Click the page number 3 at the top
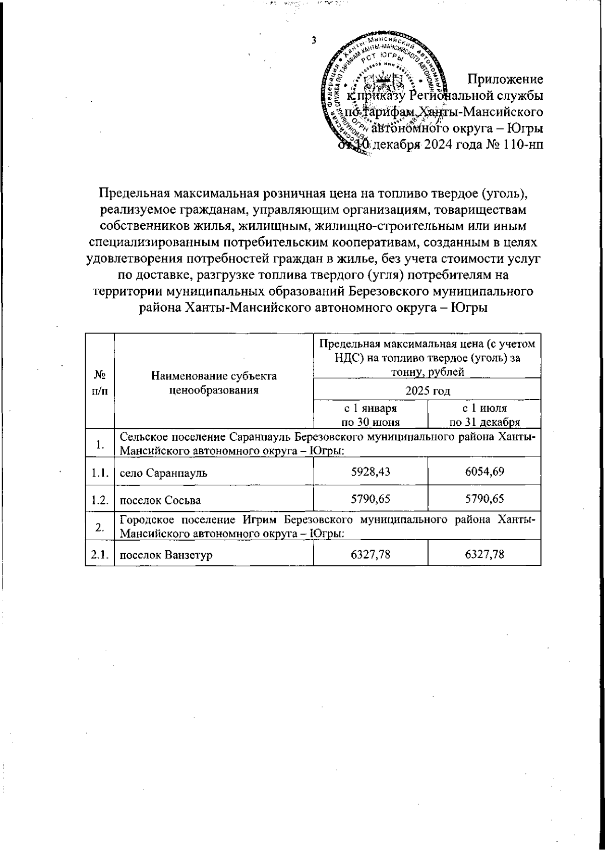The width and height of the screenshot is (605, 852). (x=314, y=41)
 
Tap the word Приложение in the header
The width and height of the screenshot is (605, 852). (x=505, y=80)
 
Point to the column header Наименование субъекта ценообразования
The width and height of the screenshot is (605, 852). (x=214, y=383)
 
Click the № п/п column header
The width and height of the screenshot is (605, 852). (x=100, y=383)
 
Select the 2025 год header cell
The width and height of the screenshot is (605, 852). (x=427, y=391)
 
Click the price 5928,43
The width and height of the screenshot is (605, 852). (x=371, y=472)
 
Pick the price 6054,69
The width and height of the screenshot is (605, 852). (x=484, y=472)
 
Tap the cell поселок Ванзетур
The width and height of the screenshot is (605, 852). (x=165, y=555)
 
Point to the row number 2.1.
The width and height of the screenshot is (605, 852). (x=100, y=555)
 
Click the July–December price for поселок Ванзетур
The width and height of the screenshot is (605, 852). (x=484, y=555)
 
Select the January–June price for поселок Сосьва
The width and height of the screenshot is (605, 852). (x=371, y=500)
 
